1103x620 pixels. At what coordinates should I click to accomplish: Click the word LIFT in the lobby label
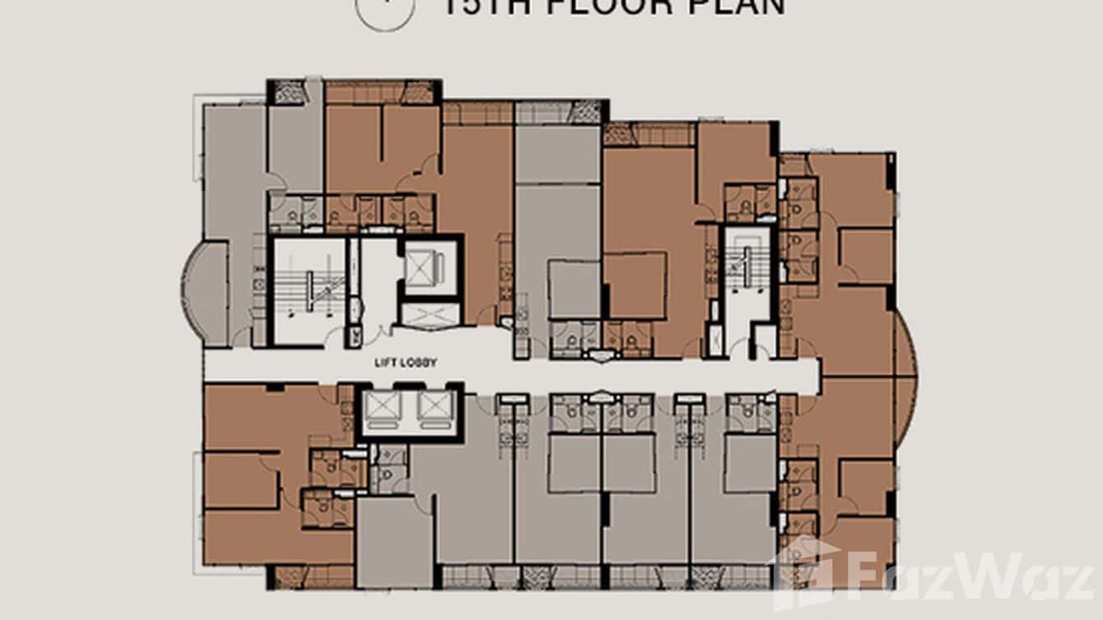click(385, 363)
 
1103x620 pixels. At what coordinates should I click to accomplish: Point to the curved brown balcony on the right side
click(905, 378)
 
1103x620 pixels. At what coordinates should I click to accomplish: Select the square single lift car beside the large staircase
click(431, 266)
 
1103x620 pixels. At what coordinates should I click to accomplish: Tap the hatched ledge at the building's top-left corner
click(288, 91)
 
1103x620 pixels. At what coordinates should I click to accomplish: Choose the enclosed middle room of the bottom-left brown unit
click(241, 480)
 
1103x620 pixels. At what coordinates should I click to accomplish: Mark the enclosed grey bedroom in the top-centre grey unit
click(574, 288)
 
